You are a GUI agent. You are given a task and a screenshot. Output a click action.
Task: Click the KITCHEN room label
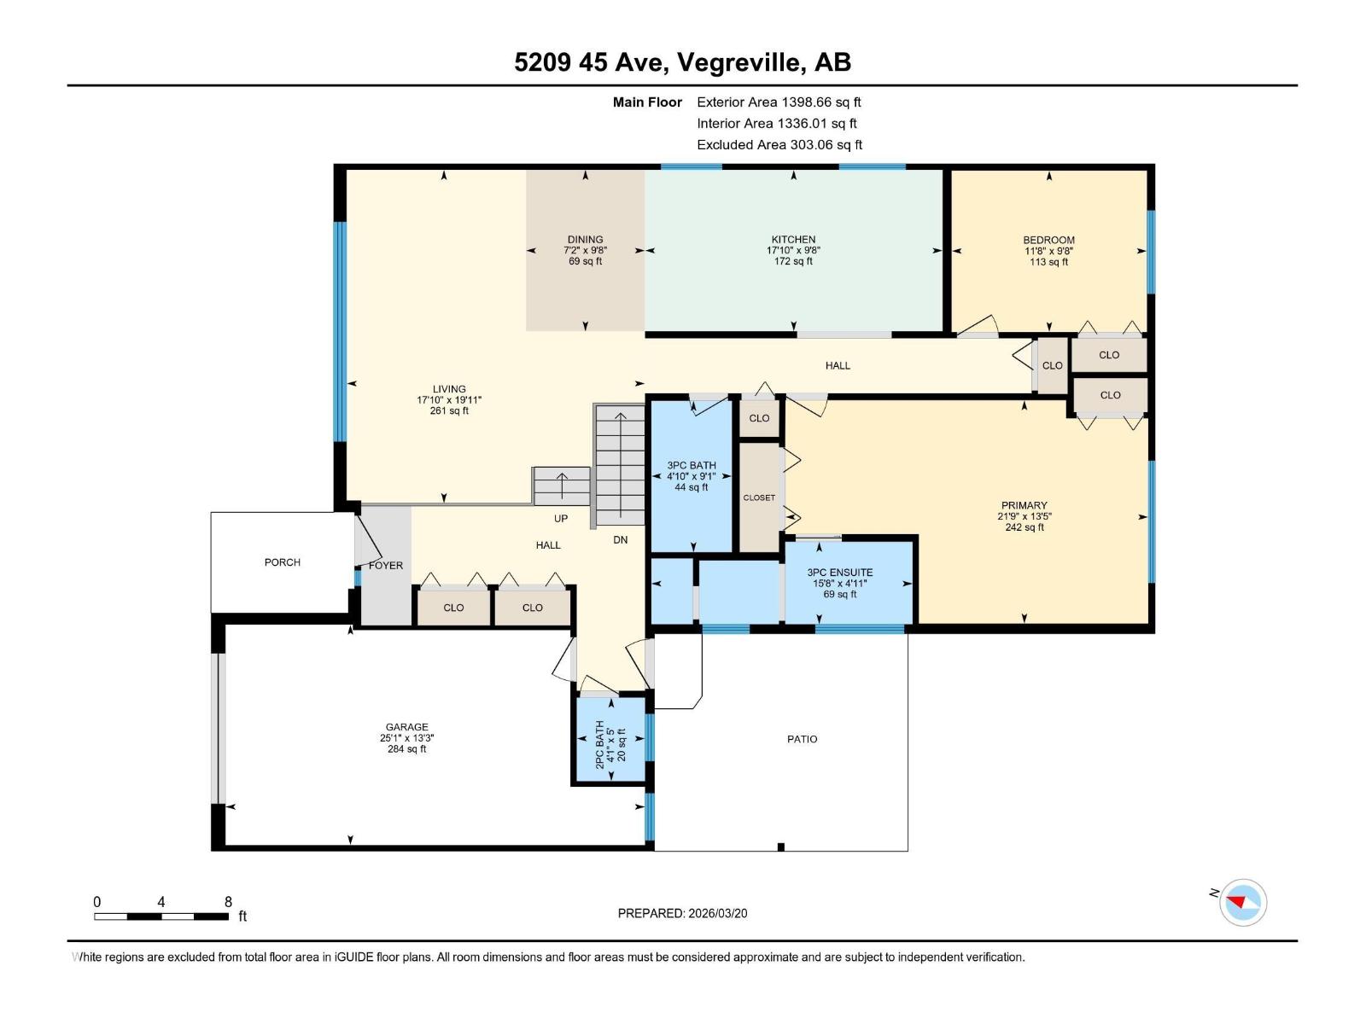pyautogui.click(x=793, y=240)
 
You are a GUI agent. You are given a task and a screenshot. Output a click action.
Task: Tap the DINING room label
pyautogui.click(x=585, y=240)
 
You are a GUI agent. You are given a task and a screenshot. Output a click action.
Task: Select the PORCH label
pyautogui.click(x=283, y=562)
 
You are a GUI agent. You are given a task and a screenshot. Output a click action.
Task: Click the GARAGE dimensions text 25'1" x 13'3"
pyautogui.click(x=406, y=738)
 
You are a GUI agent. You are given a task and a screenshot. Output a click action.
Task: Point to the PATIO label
pyautogui.click(x=802, y=739)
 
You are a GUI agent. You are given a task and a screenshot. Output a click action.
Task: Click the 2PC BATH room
pyautogui.click(x=610, y=739)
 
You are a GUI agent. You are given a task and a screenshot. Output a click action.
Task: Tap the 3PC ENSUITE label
pyautogui.click(x=839, y=573)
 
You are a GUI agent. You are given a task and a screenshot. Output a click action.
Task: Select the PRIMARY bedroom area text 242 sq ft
pyautogui.click(x=1024, y=527)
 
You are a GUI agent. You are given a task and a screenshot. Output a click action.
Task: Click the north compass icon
pyautogui.click(x=1242, y=902)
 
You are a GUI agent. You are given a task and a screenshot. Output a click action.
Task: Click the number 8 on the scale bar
pyautogui.click(x=228, y=902)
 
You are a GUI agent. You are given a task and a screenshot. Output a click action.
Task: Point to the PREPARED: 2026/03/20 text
pyautogui.click(x=682, y=913)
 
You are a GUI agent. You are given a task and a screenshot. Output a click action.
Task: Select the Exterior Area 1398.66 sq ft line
pyautogui.click(x=779, y=102)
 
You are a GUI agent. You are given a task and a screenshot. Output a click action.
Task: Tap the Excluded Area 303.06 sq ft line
pyautogui.click(x=779, y=144)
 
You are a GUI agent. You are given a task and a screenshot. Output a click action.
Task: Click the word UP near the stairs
pyautogui.click(x=561, y=519)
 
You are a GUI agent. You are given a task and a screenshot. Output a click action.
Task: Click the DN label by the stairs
pyautogui.click(x=621, y=540)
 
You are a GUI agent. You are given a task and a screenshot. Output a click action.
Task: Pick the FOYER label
pyautogui.click(x=386, y=566)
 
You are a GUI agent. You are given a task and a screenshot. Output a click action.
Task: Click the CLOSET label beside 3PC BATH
pyautogui.click(x=759, y=497)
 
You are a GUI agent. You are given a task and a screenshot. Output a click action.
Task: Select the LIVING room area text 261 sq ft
pyautogui.click(x=449, y=410)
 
